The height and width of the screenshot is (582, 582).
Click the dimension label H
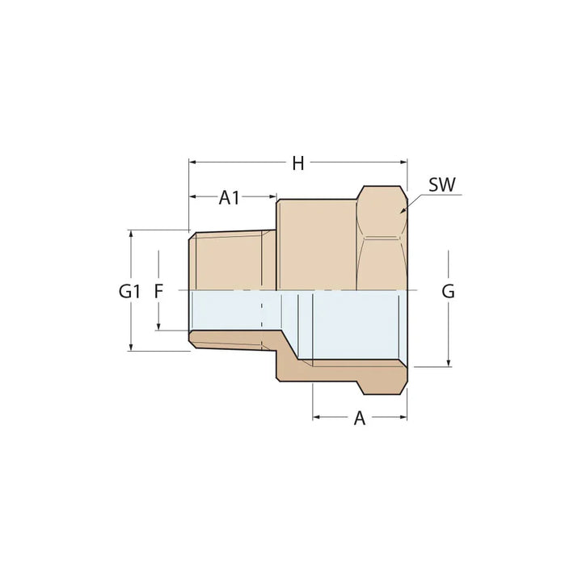click(x=298, y=163)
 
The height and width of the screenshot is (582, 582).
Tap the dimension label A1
click(x=230, y=196)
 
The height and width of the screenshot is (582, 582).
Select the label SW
click(x=442, y=184)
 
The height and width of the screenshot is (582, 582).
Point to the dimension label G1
click(x=129, y=291)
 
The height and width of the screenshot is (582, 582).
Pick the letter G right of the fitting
click(x=448, y=291)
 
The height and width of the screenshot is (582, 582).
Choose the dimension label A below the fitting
click(x=360, y=418)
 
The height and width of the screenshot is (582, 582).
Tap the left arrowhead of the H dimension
click(x=192, y=162)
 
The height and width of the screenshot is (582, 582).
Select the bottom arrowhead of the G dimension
click(x=448, y=363)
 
